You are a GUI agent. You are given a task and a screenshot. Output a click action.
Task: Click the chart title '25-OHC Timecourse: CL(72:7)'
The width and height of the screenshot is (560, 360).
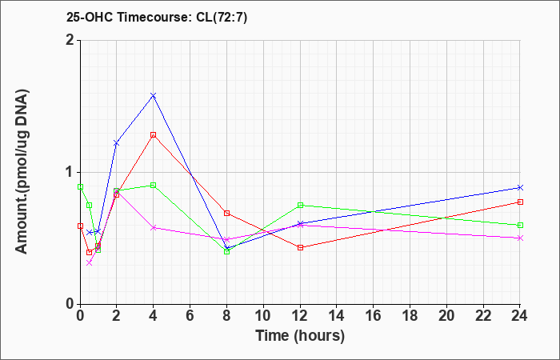click(157, 18)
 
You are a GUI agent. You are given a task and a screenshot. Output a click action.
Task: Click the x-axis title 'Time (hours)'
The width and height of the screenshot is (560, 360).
click(300, 336)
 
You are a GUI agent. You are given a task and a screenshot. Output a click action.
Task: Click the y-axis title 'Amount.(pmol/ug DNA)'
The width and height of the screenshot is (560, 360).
click(22, 172)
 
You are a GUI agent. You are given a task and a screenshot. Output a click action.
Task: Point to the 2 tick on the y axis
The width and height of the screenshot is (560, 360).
click(70, 40)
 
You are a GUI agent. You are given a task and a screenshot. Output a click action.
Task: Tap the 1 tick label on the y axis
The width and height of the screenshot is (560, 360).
click(70, 172)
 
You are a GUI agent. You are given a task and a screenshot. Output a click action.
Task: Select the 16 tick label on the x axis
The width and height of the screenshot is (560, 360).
click(374, 316)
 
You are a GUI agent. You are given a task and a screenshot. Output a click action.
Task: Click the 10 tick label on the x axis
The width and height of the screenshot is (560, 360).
click(263, 316)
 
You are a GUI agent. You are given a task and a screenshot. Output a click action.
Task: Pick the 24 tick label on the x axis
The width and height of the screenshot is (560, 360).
click(520, 316)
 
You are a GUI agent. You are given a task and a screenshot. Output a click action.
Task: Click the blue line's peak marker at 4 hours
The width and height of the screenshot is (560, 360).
click(154, 95)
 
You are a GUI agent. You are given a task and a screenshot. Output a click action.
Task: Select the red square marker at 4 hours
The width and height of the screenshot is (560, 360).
click(154, 135)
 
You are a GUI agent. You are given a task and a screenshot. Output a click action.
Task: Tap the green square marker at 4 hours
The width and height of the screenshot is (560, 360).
click(154, 185)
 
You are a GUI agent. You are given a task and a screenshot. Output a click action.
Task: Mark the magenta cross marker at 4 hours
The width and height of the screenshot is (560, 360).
click(154, 227)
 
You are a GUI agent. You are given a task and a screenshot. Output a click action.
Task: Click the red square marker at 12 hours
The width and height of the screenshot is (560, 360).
click(300, 247)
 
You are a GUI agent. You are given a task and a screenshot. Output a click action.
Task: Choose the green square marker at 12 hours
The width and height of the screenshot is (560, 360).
click(300, 205)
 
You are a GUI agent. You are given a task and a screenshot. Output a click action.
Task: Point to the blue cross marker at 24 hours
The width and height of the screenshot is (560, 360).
click(520, 187)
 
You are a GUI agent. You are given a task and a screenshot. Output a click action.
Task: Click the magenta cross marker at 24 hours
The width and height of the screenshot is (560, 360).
click(520, 238)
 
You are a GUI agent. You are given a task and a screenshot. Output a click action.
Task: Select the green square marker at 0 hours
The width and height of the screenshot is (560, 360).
click(80, 186)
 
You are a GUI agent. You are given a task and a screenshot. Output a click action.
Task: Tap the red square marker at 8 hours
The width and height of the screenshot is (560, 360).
click(226, 214)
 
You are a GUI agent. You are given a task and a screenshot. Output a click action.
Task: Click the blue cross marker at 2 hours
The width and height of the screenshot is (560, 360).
click(116, 143)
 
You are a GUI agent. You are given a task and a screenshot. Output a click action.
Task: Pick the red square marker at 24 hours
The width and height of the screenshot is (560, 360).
click(520, 202)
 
